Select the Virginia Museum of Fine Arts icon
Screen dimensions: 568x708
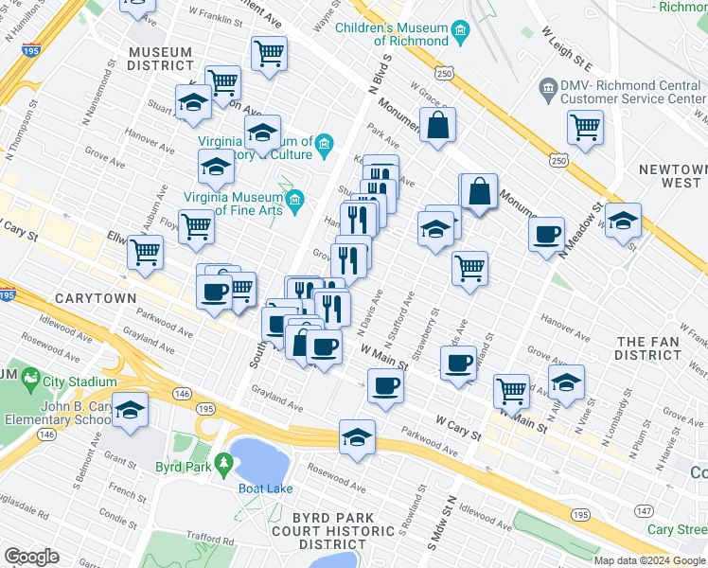(295, 200)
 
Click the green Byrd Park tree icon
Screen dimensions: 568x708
(224, 465)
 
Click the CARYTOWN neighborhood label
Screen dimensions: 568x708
(94, 297)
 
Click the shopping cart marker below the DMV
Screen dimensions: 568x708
(586, 127)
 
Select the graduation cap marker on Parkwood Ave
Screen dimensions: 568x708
(358, 436)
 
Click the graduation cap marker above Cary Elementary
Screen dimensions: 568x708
(131, 408)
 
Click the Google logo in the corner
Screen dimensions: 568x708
(31, 556)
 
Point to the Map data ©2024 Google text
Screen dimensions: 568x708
(649, 560)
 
